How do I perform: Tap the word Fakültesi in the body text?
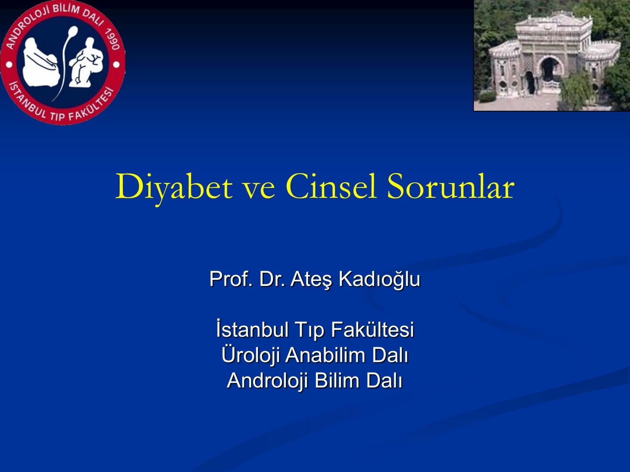372,330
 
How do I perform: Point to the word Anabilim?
325,355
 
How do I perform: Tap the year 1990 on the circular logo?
112,39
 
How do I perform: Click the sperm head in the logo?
74,31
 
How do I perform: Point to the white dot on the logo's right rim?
116,65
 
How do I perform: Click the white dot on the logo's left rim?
9,65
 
